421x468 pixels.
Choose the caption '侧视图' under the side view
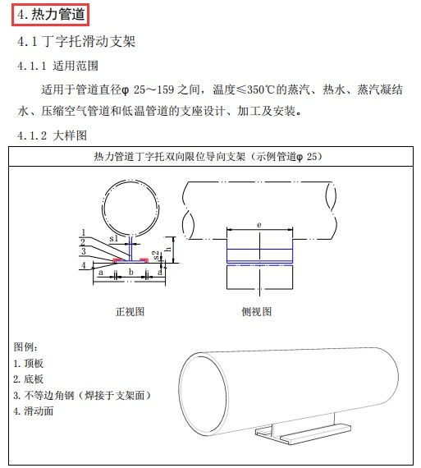[257, 312]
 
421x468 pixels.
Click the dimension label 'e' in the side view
[259, 223]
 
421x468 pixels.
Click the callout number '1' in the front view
[83, 232]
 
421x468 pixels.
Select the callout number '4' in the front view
[83, 265]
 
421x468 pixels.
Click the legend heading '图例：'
[26, 347]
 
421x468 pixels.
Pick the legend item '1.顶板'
[30, 363]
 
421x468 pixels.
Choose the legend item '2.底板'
[30, 379]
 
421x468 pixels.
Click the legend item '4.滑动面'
[34, 411]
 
